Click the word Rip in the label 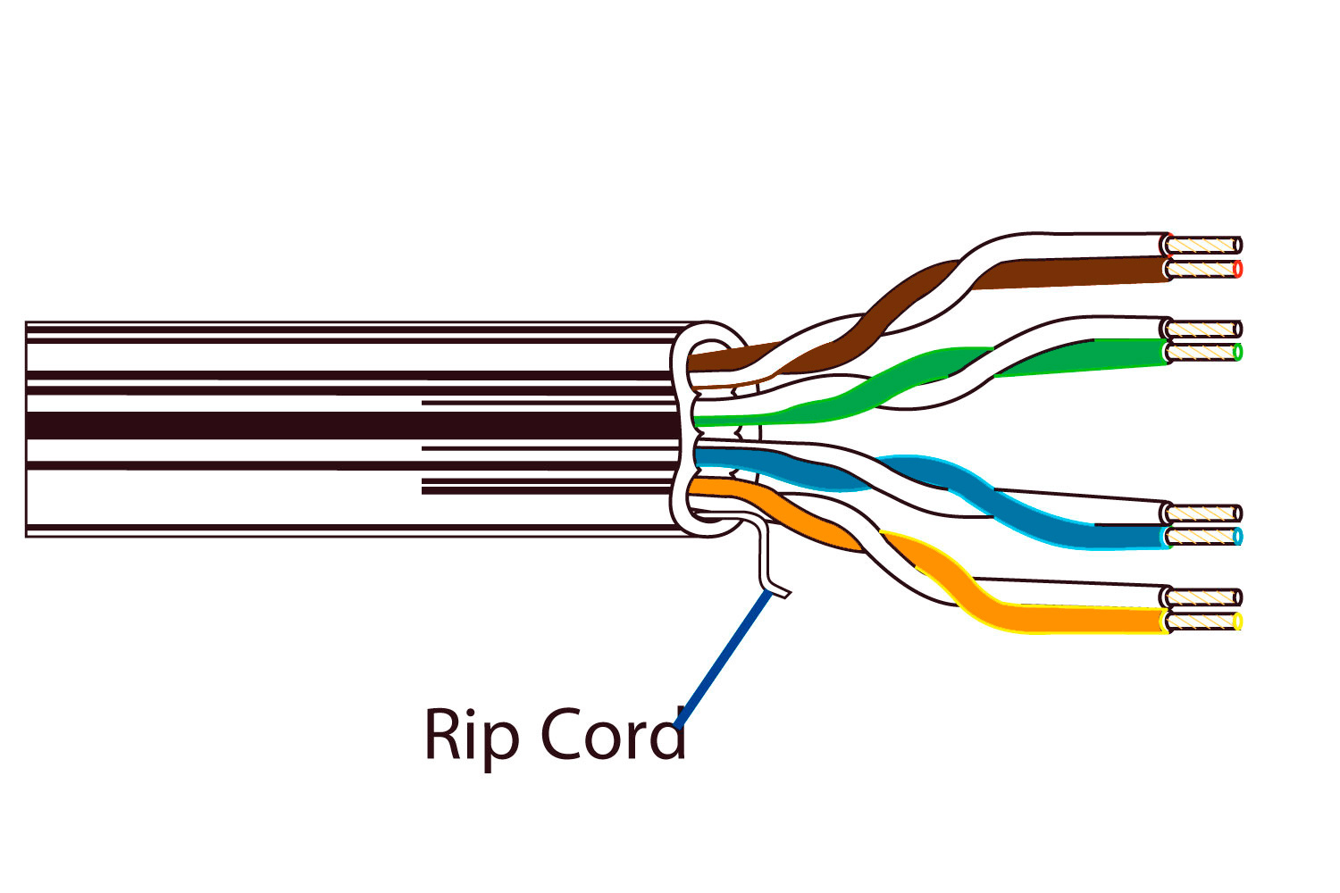point(471,736)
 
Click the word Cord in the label point(613,734)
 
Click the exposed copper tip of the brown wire point(1204,268)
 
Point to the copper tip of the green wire point(1204,352)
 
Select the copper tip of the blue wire point(1204,536)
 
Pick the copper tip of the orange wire point(1204,620)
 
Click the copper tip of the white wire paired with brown point(1204,245)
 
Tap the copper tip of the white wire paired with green point(1204,329)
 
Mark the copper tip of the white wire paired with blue point(1204,513)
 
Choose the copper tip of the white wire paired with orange point(1204,597)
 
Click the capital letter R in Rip point(442,734)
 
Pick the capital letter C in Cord point(560,734)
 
